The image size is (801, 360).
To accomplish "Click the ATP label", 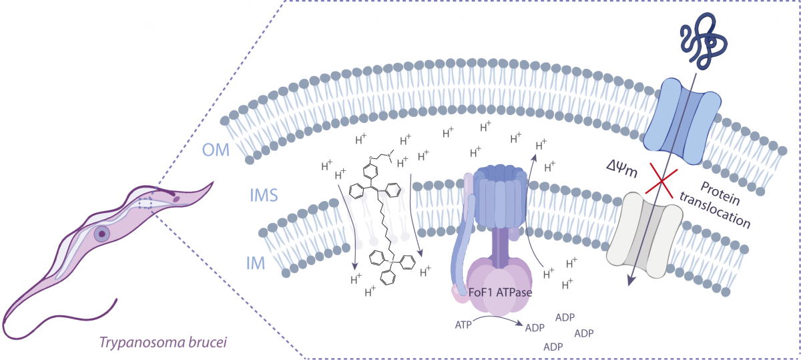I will pyautogui.click(x=463, y=325).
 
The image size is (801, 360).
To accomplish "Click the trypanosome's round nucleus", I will pyautogui.click(x=101, y=234).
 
